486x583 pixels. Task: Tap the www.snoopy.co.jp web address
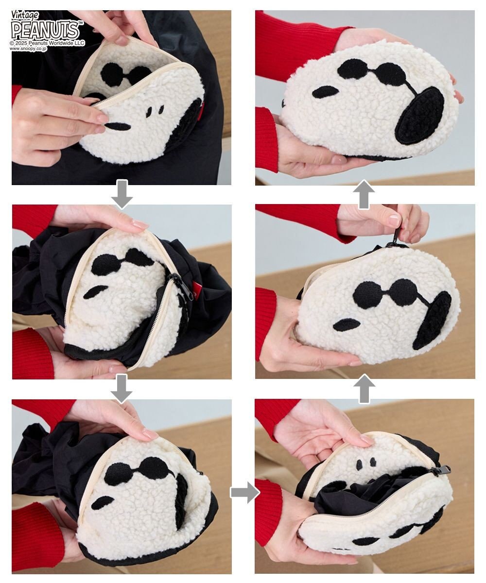pos(28,49)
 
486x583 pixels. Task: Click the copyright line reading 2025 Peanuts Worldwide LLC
pos(47,43)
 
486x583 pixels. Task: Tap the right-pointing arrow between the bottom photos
pos(244,493)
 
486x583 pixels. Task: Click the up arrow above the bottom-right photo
pos(364,389)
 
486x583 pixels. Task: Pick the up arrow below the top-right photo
pos(364,194)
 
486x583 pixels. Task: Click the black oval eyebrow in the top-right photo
pos(326,92)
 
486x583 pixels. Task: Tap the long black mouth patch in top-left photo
pos(119,126)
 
